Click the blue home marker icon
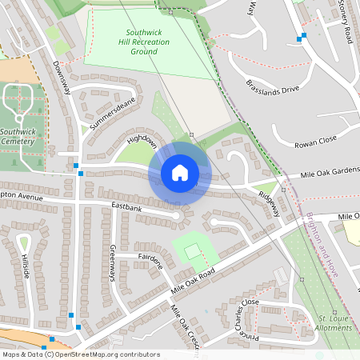(180, 172)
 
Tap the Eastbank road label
(126, 206)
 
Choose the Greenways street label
(113, 262)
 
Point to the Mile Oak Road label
(194, 278)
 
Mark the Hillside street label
(26, 269)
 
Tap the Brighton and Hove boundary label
(321, 246)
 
